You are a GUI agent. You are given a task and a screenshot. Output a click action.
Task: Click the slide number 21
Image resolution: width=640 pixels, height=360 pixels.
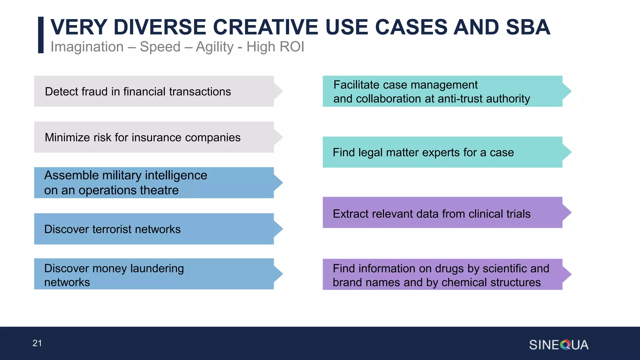pos(37,343)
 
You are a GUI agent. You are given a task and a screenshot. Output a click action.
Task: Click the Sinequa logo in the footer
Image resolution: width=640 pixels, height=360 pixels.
pos(558,345)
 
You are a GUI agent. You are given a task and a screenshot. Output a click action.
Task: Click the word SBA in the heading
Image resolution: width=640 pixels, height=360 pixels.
pos(528,27)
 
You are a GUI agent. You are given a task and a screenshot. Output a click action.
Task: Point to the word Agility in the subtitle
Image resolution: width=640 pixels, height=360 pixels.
pos(215,47)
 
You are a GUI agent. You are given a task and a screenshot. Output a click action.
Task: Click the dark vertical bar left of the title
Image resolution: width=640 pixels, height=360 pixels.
pos(41,35)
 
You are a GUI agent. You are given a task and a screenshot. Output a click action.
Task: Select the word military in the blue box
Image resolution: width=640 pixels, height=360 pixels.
pos(122,175)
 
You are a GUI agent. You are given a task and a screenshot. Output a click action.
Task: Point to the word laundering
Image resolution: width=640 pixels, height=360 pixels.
pos(157,268)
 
